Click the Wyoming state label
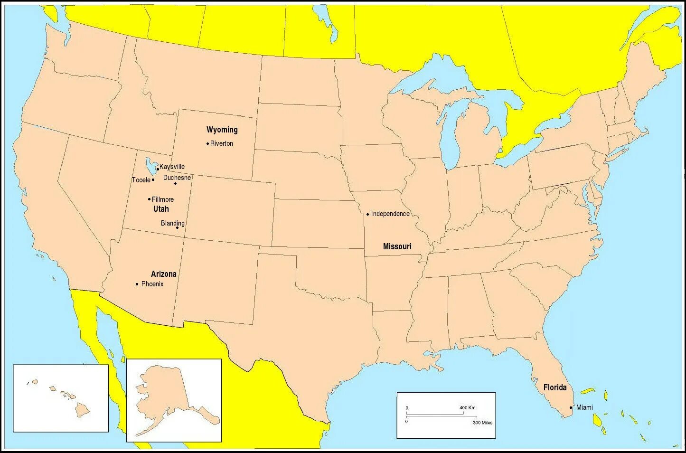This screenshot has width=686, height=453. [x=222, y=130]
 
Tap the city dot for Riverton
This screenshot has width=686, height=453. [x=207, y=143]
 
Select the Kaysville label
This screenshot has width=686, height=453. [x=172, y=167]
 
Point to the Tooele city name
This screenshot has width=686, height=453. [x=141, y=180]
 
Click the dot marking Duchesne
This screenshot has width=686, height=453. [x=175, y=183]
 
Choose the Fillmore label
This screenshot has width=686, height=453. [x=163, y=199]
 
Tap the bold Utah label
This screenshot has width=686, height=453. [x=161, y=209]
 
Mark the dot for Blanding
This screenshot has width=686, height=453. [x=178, y=227]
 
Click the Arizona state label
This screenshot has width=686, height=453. [x=164, y=274]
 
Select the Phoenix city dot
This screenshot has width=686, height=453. [x=137, y=284]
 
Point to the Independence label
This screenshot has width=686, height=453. [x=390, y=214]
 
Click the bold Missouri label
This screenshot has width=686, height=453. [x=397, y=246]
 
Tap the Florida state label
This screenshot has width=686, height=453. [x=555, y=387]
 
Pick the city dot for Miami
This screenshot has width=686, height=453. [x=571, y=407]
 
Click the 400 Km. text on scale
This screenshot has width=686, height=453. [x=468, y=408]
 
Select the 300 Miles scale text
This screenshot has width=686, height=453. [x=482, y=423]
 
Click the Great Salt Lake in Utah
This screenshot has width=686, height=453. [x=151, y=166]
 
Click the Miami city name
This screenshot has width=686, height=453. [x=584, y=407]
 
